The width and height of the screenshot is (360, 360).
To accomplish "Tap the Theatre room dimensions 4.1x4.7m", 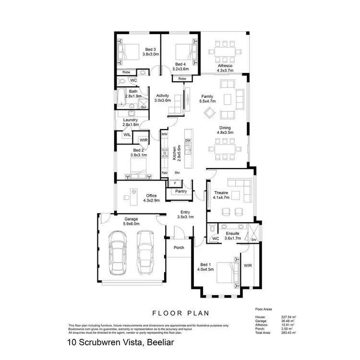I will tap(221, 197).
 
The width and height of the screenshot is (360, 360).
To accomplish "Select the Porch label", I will tap(179, 248).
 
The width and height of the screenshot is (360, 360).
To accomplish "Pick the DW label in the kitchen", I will tap(188, 141).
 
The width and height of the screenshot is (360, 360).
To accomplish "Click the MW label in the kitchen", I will tap(164, 134).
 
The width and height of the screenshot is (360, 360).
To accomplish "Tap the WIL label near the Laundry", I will tap(127, 135).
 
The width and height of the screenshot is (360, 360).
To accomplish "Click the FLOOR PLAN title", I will tap(180, 313).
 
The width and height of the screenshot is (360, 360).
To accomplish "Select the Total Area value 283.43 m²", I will tap(288, 333).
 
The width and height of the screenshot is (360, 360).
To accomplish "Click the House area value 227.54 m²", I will tap(288, 317).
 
